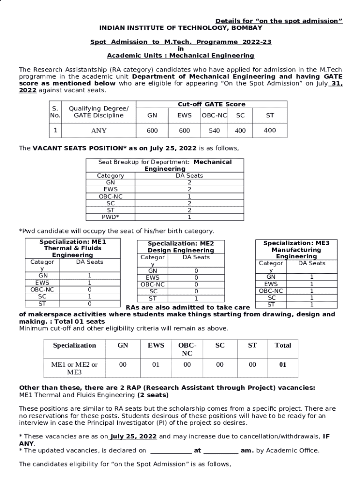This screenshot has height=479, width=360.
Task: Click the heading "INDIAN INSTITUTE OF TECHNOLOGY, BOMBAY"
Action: tap(180, 28)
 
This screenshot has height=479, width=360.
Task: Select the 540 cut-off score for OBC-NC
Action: tap(215, 131)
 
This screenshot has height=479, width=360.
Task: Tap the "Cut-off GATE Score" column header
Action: tap(211, 104)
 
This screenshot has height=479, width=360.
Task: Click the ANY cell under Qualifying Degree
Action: tap(99, 131)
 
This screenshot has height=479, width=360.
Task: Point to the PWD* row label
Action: tap(110, 217)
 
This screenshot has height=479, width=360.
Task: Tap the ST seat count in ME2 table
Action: tap(196, 298)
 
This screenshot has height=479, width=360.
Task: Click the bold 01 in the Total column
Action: tap(282, 365)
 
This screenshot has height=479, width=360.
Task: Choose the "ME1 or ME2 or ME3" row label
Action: tap(74, 369)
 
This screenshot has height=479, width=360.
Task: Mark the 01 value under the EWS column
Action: tap(156, 365)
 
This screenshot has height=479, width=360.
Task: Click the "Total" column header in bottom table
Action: tap(282, 345)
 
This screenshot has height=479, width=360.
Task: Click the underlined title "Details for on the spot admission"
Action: tap(279, 21)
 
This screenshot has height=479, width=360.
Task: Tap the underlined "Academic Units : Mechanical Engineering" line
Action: tap(180, 56)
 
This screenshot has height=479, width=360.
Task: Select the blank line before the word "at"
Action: tap(171, 450)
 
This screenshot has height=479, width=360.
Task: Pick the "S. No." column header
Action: tap(55, 111)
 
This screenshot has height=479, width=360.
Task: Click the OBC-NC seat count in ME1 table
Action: tap(89, 290)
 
